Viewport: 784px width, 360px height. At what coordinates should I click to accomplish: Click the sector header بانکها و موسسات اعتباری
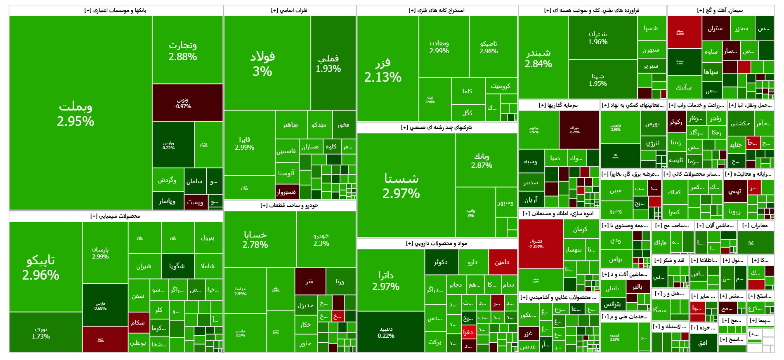[116, 10]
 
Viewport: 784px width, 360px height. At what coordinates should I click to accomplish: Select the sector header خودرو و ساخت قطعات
[290, 205]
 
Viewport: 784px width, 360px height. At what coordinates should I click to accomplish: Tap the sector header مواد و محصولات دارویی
[437, 243]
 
